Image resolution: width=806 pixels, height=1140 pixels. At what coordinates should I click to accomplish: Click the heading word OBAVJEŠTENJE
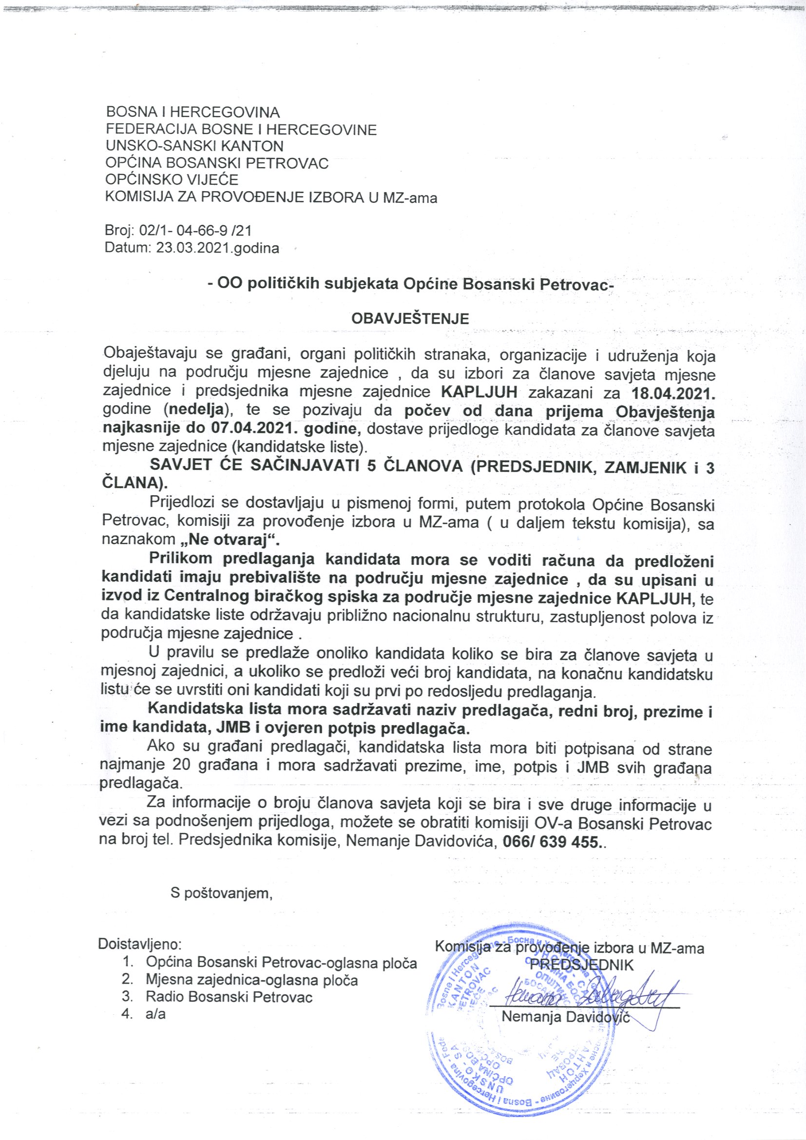pos(409,318)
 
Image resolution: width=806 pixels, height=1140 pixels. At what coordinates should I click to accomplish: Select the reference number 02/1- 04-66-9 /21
pos(196,231)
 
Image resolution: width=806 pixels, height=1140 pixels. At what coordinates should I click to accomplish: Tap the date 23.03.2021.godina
pos(217,247)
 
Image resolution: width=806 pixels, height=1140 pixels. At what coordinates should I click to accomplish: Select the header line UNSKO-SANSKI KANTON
pos(194,146)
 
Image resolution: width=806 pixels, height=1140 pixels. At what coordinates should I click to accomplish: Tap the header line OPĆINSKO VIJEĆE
pos(172,179)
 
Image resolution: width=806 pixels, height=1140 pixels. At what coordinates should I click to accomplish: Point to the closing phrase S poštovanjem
pos(221,907)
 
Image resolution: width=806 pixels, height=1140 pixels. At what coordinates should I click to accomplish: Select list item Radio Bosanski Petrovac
pos(229,997)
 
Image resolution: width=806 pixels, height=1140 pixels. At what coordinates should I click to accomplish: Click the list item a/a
pos(155,1013)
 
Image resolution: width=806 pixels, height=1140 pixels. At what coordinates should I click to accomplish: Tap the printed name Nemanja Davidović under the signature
pos(565,1016)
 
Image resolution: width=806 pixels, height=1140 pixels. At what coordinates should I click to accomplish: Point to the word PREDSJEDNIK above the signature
pos(582,965)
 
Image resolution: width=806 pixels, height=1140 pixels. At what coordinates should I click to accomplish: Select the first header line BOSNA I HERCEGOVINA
pos(193,113)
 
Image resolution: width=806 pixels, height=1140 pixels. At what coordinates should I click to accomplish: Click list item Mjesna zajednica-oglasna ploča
pos(251,980)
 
